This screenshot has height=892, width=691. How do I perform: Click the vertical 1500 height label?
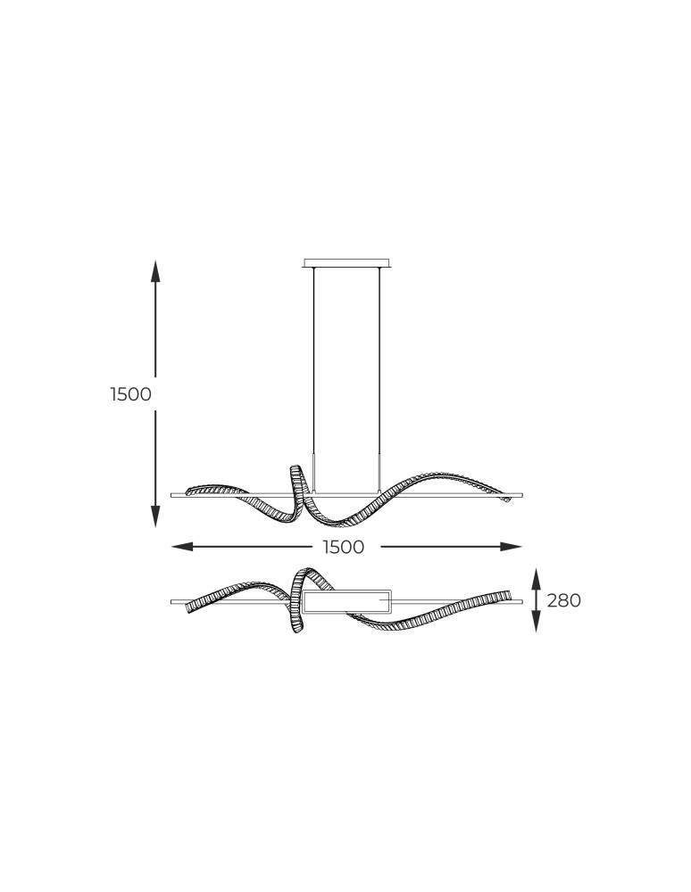pyautogui.click(x=131, y=394)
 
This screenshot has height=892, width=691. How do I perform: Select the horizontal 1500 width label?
pyautogui.click(x=344, y=548)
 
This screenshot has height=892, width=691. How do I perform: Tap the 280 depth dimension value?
pyautogui.click(x=563, y=601)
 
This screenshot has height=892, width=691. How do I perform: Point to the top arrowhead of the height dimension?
pyautogui.click(x=155, y=270)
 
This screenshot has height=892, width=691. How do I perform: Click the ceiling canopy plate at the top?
pyautogui.click(x=347, y=263)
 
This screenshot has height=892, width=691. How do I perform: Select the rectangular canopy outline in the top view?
pyautogui.click(x=347, y=601)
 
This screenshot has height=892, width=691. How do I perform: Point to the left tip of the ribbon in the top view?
pyautogui.click(x=189, y=607)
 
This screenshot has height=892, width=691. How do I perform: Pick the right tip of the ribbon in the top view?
pyautogui.click(x=509, y=594)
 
